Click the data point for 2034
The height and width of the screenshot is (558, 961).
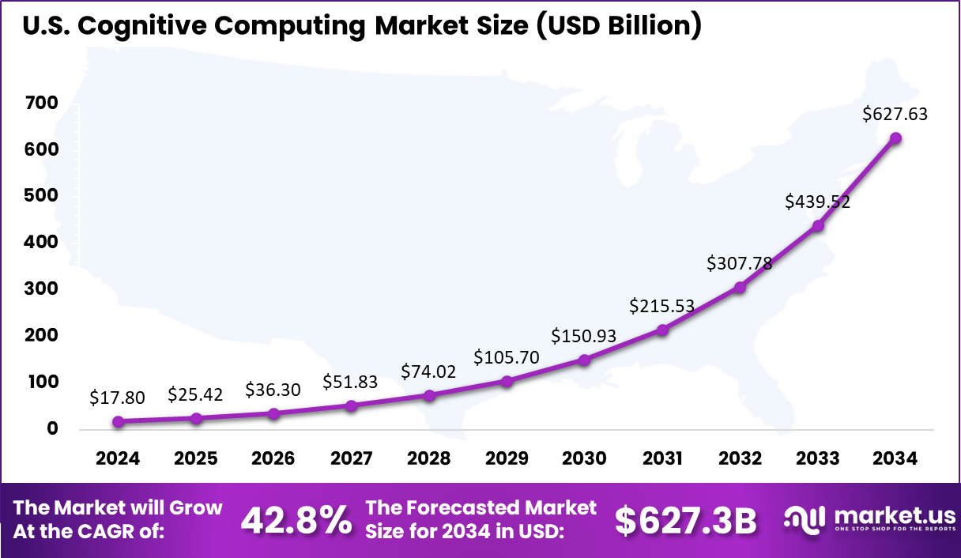(895, 138)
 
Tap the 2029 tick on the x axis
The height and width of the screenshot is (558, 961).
(507, 459)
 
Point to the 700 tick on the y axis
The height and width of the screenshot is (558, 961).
(41, 104)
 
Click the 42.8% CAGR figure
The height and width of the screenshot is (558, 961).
(296, 520)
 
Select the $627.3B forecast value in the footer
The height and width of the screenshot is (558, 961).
(685, 520)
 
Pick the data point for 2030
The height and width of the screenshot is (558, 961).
(584, 360)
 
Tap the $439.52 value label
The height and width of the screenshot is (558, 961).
(817, 202)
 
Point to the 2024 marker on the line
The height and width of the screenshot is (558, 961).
(118, 422)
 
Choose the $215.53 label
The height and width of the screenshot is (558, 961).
(662, 305)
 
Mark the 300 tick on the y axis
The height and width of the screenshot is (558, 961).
(41, 289)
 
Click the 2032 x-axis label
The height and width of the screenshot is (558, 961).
(740, 459)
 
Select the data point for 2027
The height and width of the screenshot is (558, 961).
(351, 405)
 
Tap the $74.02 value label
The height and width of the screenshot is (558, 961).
(428, 371)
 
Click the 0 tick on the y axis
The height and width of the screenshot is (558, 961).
(52, 429)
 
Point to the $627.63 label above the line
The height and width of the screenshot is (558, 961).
(895, 114)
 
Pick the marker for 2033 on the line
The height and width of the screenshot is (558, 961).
(818, 226)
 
